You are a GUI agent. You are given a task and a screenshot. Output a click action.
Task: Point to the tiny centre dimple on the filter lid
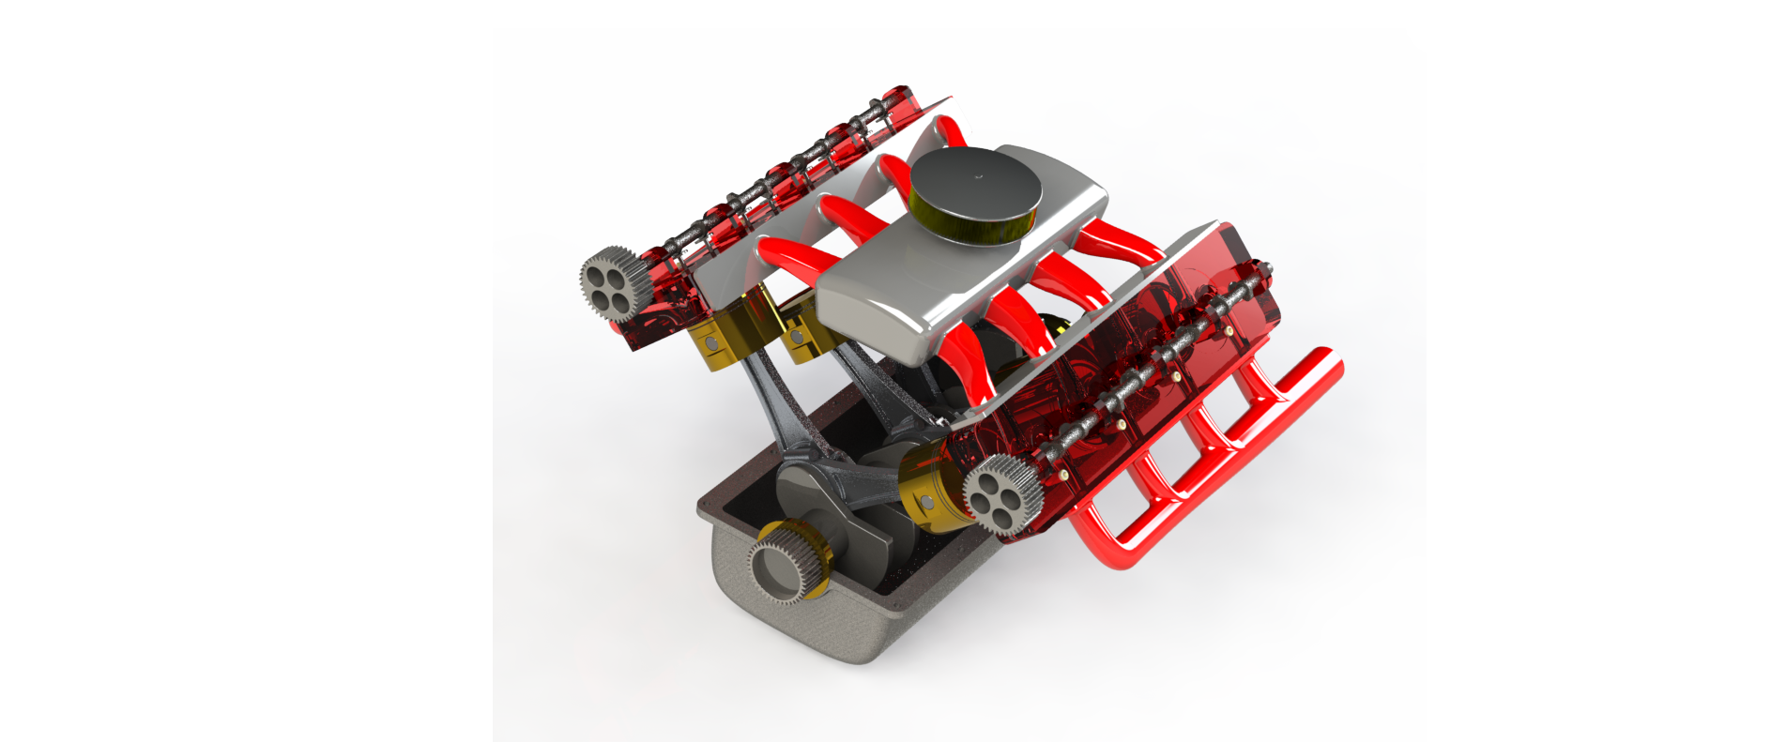coord(978,175)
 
